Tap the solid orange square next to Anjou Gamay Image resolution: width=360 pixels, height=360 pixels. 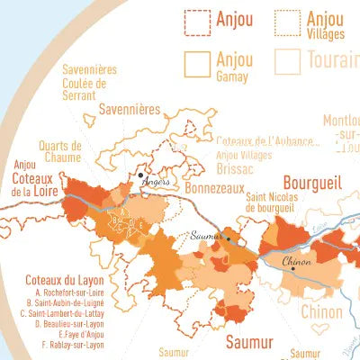click(196, 62)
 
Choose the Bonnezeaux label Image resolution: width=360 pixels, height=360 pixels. click(215, 189)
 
